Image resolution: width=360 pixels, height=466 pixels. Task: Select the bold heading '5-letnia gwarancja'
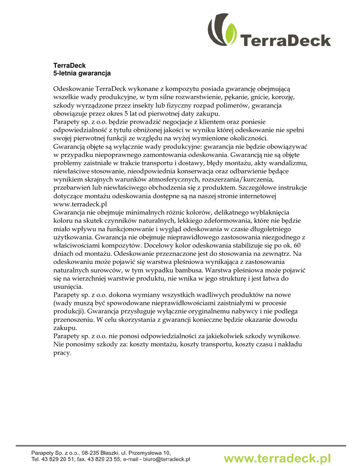[82, 73]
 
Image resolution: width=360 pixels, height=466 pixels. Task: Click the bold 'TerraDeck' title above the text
[70, 66]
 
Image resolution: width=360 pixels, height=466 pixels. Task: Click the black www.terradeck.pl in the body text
[80, 204]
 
